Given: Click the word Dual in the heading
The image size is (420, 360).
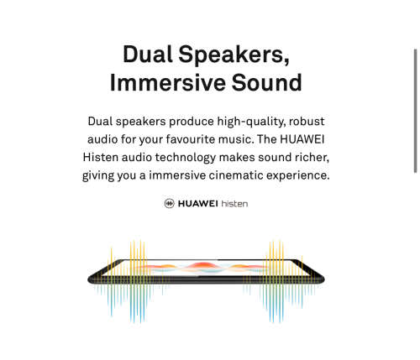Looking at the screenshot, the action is pos(148,54).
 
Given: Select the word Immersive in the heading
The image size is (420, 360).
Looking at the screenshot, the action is pos(168,82).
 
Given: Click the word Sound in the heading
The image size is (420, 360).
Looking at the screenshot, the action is pos(266,82).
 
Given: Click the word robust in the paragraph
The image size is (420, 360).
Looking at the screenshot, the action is pos(307,122).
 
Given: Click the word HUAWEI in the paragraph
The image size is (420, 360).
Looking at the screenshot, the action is pos(302,139).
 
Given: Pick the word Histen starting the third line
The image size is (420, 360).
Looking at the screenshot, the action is pos(101,157).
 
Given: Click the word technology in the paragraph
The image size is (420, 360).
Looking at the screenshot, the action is pos(186,158).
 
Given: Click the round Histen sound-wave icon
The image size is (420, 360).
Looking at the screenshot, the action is pos(170,203).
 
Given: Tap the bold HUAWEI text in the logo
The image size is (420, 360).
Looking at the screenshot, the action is pos(198,203).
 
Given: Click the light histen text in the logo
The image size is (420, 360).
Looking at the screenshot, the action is pos(234,203).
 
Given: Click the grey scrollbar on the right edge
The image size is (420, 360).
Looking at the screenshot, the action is pos(416,111).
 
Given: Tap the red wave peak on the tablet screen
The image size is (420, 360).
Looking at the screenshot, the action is pos(203,264).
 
